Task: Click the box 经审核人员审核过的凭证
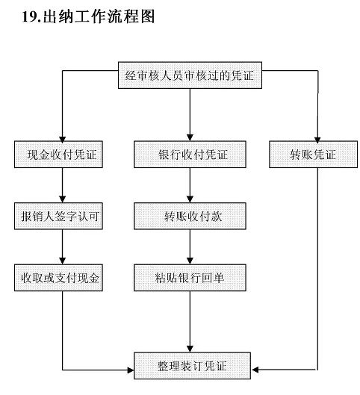pyautogui.click(x=190, y=75)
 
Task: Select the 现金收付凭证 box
pyautogui.click(x=58, y=154)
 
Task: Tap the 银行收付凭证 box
pyautogui.click(x=190, y=154)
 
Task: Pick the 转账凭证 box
pyautogui.click(x=313, y=154)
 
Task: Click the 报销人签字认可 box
pyautogui.click(x=58, y=216)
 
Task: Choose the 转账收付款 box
pyautogui.click(x=190, y=216)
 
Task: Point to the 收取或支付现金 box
pyautogui.click(x=58, y=278)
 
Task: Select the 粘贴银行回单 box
pyautogui.click(x=190, y=278)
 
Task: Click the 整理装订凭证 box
pyautogui.click(x=192, y=366)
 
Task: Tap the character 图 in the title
pyautogui.click(x=148, y=16)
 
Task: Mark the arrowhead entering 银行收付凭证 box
pyautogui.click(x=190, y=138)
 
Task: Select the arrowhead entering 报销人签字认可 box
pyautogui.click(x=62, y=199)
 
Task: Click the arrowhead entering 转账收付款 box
pyautogui.click(x=190, y=199)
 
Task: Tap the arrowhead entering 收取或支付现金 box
pyautogui.click(x=62, y=261)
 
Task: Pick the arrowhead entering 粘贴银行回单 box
pyautogui.click(x=190, y=261)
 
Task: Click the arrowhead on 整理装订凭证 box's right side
pyautogui.click(x=255, y=370)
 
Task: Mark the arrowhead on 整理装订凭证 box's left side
pyautogui.click(x=131, y=370)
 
